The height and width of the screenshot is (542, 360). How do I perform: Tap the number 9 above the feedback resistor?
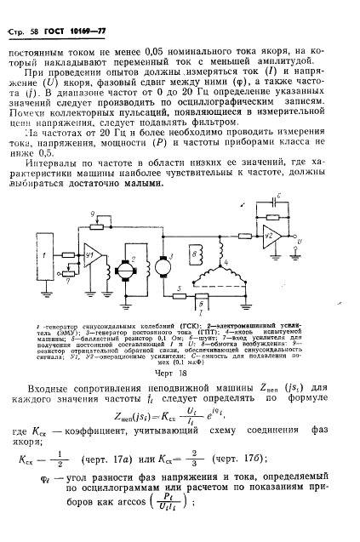[94, 212]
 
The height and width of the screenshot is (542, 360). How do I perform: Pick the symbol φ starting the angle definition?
[45, 477]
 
